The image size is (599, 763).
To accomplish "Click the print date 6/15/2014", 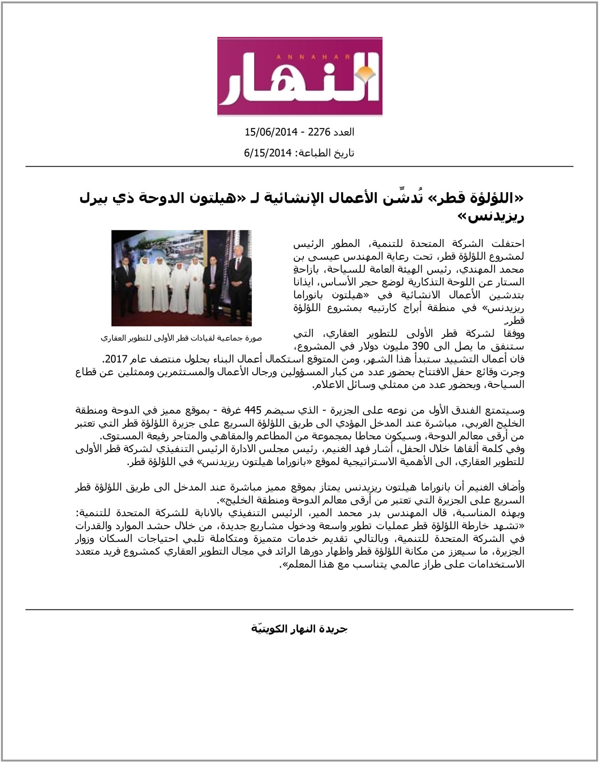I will [x=268, y=153].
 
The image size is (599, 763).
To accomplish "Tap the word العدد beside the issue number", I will [x=344, y=132].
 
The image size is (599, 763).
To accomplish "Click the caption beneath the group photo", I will [x=181, y=338].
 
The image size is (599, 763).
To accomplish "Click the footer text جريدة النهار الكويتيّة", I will [x=299, y=629].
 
